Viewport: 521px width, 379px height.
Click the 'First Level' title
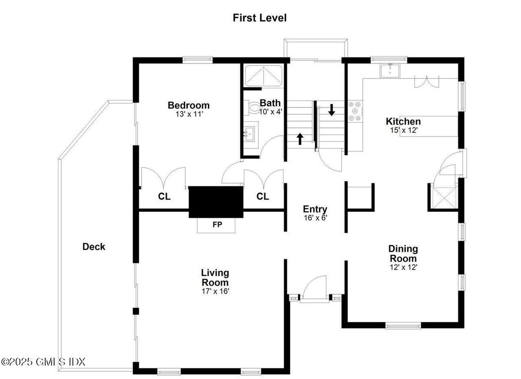(x=259, y=18)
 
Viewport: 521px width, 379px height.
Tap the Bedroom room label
(x=189, y=105)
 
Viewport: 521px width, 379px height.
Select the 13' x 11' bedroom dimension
(x=189, y=114)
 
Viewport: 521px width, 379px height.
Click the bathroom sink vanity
(x=251, y=132)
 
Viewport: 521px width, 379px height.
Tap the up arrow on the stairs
(x=299, y=139)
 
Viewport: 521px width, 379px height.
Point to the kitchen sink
(x=390, y=71)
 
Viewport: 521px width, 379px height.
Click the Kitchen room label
(x=403, y=122)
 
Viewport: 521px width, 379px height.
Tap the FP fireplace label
(x=217, y=225)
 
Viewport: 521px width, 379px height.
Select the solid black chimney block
(x=215, y=201)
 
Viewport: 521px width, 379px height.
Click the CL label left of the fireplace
(x=164, y=197)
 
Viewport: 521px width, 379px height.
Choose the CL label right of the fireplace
(x=263, y=197)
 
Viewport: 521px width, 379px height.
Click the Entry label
(x=315, y=209)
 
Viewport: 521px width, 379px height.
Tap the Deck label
(x=94, y=247)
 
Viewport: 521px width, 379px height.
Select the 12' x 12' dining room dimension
(x=403, y=267)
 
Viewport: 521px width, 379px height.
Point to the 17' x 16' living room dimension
(x=215, y=291)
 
